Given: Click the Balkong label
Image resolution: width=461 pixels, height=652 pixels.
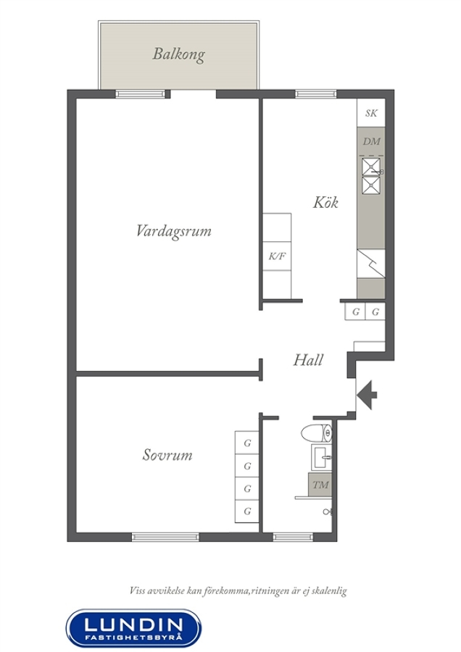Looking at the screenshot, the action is (x=178, y=54).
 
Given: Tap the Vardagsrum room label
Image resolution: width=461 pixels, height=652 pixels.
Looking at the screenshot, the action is (x=174, y=231).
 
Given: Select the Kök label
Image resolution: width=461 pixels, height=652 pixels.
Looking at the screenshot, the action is (x=325, y=202).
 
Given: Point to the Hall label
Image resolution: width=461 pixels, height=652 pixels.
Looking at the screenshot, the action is (x=308, y=359).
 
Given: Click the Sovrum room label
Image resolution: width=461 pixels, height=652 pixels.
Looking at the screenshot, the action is (x=167, y=454).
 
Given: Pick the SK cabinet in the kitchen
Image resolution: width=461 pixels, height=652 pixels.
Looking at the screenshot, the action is (x=371, y=113).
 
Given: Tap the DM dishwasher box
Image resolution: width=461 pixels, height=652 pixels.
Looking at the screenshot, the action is (x=371, y=141).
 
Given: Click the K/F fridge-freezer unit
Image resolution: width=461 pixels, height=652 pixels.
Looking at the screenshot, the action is (x=277, y=256).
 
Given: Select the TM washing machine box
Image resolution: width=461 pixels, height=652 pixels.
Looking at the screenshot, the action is (x=320, y=485).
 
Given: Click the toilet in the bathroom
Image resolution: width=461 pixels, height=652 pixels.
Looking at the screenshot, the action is (x=317, y=433).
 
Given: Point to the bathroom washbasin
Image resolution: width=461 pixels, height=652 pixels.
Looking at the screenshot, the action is (x=322, y=457).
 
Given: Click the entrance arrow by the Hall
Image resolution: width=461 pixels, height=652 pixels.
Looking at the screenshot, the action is (x=367, y=395).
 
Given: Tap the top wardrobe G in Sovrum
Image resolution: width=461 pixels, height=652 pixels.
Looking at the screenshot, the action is (x=247, y=443).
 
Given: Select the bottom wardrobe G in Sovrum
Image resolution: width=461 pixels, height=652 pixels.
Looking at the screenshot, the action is (x=247, y=511).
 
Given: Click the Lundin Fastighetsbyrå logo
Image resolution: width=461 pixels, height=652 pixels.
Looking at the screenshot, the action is (x=133, y=628).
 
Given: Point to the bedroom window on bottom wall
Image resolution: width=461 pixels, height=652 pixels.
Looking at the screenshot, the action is (x=165, y=538).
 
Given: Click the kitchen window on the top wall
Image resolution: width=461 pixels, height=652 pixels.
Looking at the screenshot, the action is (x=316, y=94).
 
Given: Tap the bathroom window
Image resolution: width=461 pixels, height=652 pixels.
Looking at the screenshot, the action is (x=294, y=538).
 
